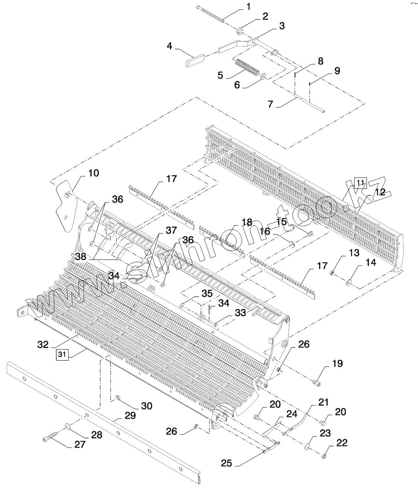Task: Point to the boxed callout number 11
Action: (x=360, y=182)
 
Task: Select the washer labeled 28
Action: (x=68, y=425)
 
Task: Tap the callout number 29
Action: (x=131, y=416)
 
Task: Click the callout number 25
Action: (x=226, y=463)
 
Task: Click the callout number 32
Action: (x=43, y=344)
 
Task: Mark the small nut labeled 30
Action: (x=118, y=398)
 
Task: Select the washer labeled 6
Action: (x=263, y=76)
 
